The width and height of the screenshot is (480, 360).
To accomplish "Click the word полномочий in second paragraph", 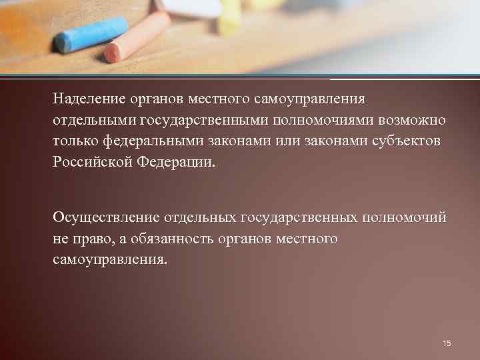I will tap(404, 217).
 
